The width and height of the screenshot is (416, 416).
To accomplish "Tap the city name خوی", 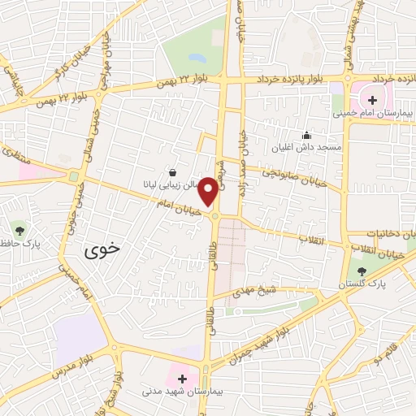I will (102, 251).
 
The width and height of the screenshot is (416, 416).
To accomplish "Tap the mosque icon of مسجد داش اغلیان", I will (306, 135).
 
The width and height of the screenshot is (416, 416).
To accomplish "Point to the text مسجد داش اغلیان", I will (306, 147).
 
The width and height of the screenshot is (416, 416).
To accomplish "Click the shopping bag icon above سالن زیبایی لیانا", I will (173, 171).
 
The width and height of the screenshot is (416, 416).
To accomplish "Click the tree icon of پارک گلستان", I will (362, 271).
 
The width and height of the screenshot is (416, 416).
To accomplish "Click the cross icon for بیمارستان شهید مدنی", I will (182, 379).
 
